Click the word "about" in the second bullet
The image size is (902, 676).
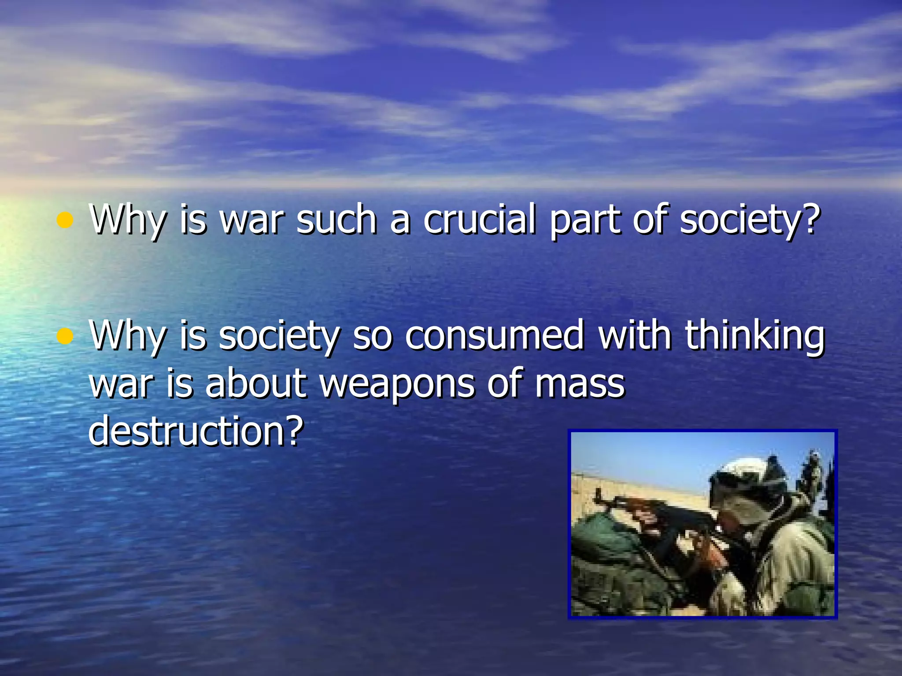pyautogui.click(x=255, y=383)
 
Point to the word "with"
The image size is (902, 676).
pyautogui.click(x=635, y=335)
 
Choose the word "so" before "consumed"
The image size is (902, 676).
pyautogui.click(x=372, y=336)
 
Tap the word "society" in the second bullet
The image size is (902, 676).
pyautogui.click(x=279, y=336)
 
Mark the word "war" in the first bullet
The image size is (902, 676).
pyautogui.click(x=251, y=220)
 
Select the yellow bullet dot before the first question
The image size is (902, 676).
pyautogui.click(x=65, y=220)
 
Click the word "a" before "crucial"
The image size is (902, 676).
pyautogui.click(x=400, y=220)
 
